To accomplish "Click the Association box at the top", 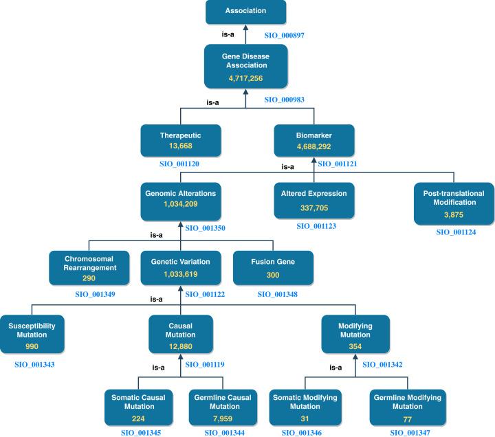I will (246, 12).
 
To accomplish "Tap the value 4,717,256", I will (246, 78).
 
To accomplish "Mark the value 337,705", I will (313, 208).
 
